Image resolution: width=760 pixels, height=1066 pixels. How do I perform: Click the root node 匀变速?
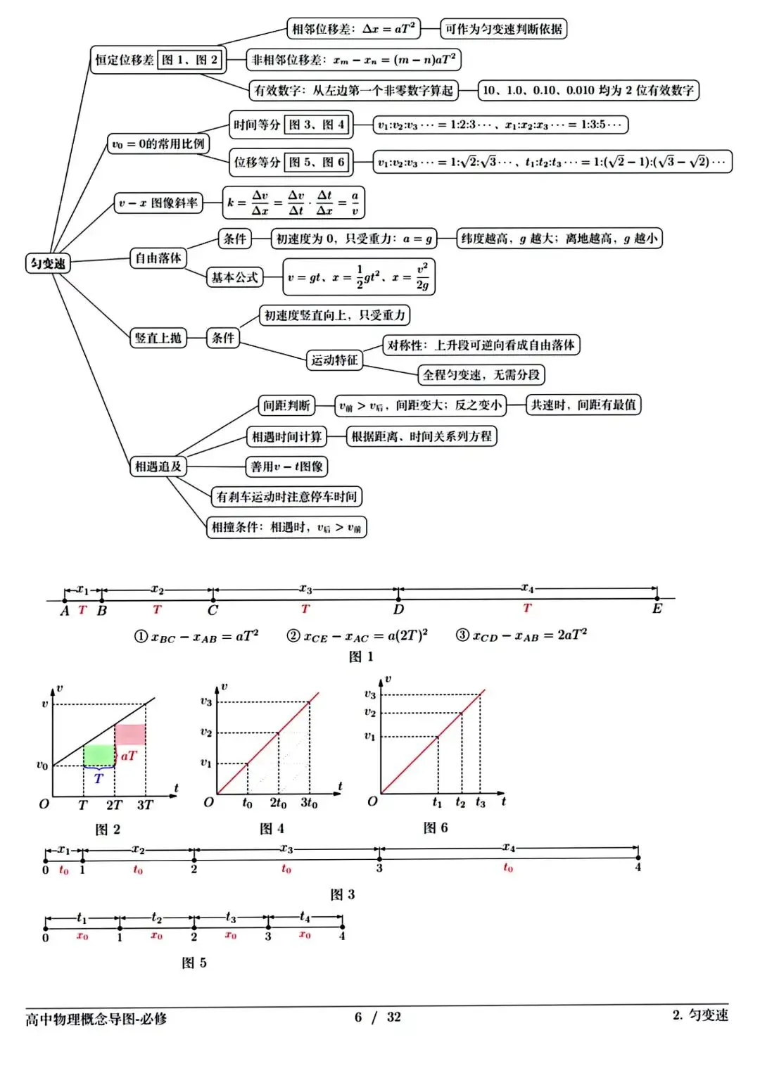(x=48, y=263)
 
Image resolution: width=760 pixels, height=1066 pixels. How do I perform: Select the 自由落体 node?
(x=158, y=258)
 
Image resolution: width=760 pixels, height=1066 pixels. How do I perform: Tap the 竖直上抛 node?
(x=158, y=338)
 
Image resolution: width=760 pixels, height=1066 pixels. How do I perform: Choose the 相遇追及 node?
(x=158, y=466)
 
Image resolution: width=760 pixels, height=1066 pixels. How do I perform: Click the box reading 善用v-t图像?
(x=287, y=466)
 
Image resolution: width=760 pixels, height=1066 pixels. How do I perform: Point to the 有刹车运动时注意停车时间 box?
(x=286, y=497)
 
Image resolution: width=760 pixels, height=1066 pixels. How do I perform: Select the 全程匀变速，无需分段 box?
(x=481, y=374)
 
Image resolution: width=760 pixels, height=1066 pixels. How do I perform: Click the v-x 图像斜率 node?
(x=158, y=203)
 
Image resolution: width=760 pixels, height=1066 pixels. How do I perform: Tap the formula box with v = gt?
(x=358, y=277)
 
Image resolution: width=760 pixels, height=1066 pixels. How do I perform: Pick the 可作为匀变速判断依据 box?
(x=504, y=29)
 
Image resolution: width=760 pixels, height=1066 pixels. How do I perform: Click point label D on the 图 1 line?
(x=398, y=609)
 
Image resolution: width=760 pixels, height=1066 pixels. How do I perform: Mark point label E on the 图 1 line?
(x=657, y=609)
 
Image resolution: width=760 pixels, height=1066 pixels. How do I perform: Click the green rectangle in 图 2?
(x=99, y=755)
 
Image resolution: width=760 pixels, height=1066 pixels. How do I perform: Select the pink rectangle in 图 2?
(x=130, y=735)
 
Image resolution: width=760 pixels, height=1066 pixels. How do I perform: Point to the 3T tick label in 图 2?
(x=145, y=805)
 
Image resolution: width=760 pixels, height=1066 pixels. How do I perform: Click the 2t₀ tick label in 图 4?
(x=278, y=803)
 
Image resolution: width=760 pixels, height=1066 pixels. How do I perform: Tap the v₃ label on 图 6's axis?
(x=370, y=694)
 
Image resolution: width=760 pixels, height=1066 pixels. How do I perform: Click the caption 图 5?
(x=194, y=963)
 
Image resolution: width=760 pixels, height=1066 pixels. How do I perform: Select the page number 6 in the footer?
(x=358, y=1017)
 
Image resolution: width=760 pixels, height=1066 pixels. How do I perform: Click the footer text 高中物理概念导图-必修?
(x=96, y=1019)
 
